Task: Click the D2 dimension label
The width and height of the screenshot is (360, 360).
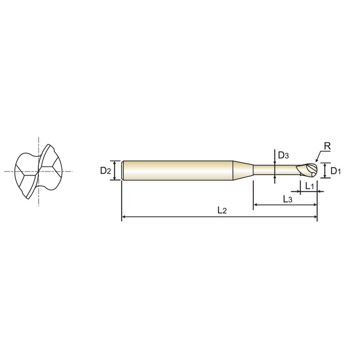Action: point(106,171)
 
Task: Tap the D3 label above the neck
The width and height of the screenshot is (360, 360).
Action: point(283,155)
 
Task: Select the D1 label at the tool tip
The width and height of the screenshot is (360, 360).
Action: point(336,171)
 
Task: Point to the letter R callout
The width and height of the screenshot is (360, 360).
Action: point(328,146)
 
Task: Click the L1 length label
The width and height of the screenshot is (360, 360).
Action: point(310,186)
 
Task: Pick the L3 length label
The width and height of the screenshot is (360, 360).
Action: point(288,199)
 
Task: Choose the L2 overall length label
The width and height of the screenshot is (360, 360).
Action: point(222,210)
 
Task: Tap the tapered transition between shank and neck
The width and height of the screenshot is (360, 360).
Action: point(243,171)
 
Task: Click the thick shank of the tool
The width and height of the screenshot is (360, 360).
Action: point(177,171)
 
